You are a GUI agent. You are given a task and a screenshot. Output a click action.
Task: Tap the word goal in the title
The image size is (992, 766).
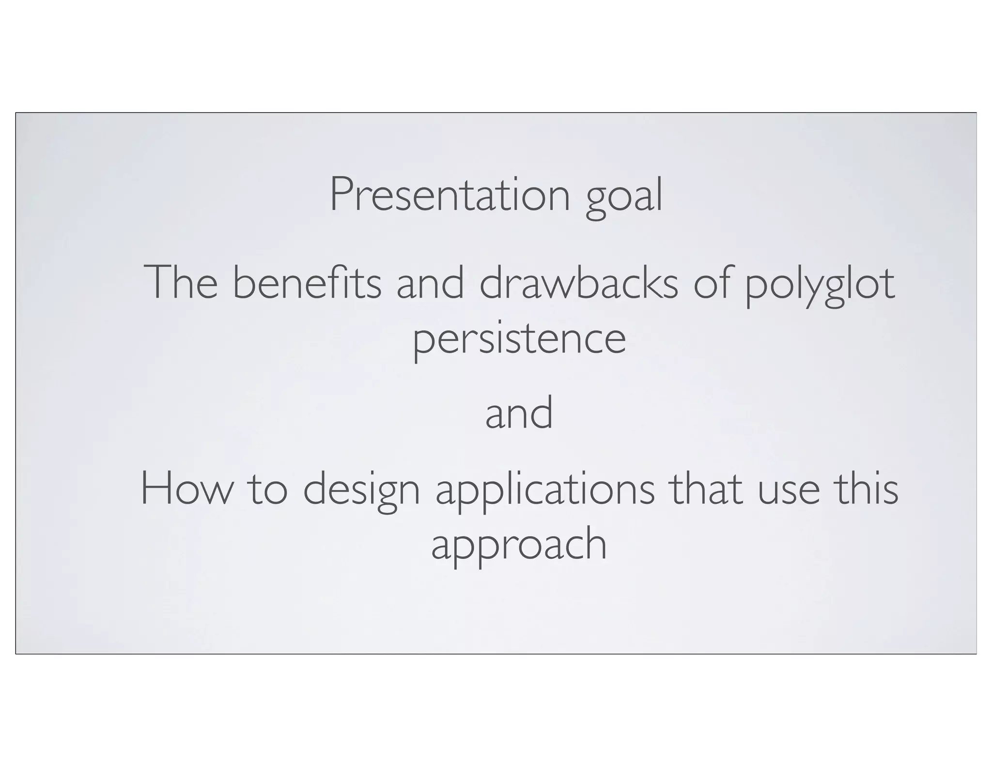[x=624, y=196]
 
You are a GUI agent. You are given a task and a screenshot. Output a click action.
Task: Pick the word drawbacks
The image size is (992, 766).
[x=579, y=283]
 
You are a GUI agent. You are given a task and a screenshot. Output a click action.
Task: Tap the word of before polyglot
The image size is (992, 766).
[x=712, y=283]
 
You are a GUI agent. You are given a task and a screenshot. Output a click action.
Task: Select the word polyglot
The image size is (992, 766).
[x=819, y=286]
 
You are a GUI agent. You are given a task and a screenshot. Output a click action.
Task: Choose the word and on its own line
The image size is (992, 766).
[x=519, y=413]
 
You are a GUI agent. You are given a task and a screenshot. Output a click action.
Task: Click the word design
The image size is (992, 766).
[x=361, y=492]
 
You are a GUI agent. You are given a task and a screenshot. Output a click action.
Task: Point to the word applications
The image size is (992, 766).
[x=545, y=492]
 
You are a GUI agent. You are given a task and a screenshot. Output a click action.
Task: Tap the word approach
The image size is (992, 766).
[x=519, y=546]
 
